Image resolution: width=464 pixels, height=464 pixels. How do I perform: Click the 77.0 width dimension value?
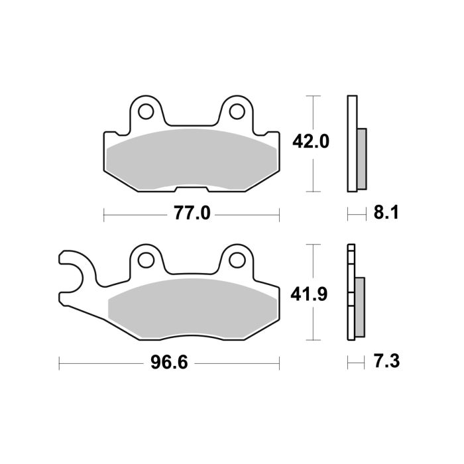[191, 213]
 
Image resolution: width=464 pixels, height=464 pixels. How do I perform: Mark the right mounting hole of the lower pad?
[236, 259]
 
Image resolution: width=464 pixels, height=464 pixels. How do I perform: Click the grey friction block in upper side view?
[361, 158]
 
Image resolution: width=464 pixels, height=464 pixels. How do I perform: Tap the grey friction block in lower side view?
[360, 305]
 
